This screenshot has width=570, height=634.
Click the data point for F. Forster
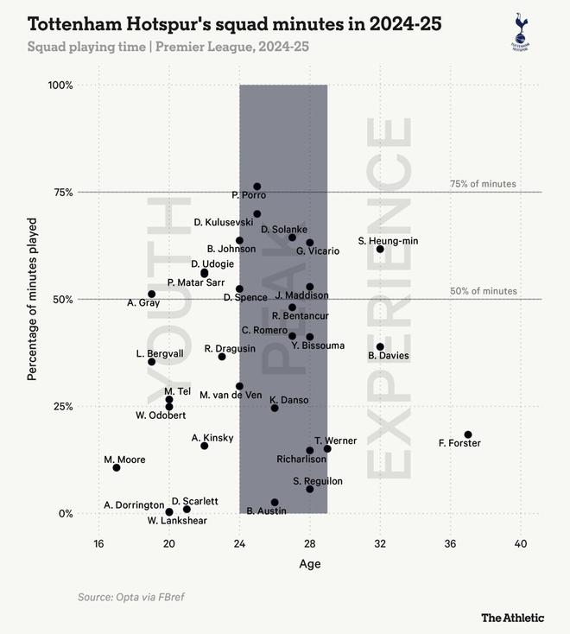pos(468,434)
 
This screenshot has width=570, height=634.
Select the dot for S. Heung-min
pos(380,249)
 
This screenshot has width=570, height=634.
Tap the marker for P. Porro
pos(257,187)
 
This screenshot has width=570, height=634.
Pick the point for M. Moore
pos(117,467)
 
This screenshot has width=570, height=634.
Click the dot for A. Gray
pos(152,294)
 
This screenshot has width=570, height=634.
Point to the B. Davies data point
pos(380,346)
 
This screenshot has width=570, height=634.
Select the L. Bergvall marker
pos(152,361)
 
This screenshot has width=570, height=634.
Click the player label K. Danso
pos(288,400)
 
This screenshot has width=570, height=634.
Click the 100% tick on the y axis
pos(60,86)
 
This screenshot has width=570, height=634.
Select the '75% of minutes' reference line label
pos(483,183)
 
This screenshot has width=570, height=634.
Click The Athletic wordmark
pos(513,617)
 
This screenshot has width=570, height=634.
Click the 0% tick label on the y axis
pos(66,513)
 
